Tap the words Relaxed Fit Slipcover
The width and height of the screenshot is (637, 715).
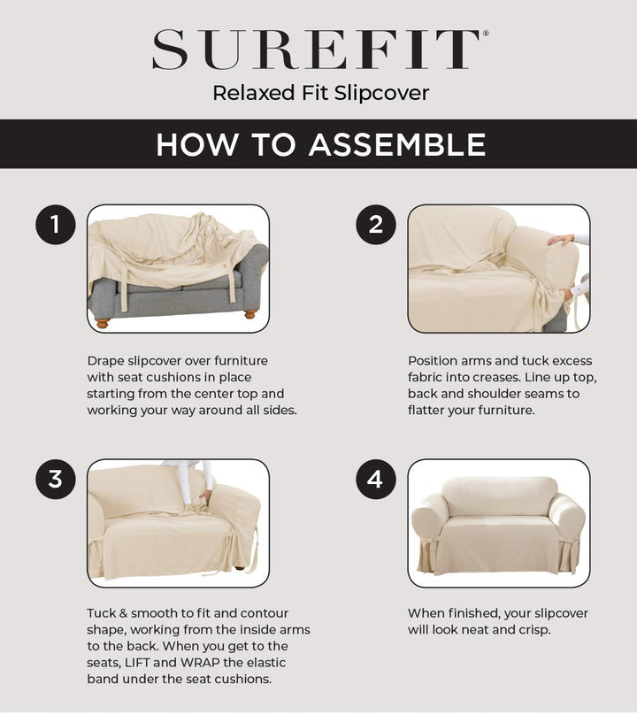tap(320, 93)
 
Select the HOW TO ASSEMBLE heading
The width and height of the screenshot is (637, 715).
tap(320, 144)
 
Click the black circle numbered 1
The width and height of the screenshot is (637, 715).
tap(55, 225)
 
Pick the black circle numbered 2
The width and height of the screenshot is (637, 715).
tap(375, 225)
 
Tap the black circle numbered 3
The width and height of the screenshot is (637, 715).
tap(55, 479)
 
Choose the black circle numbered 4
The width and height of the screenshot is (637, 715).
tap(375, 479)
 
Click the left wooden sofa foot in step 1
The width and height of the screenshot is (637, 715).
tap(103, 323)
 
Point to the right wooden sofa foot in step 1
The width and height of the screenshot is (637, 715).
tap(250, 313)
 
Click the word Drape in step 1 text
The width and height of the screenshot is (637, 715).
tap(106, 361)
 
